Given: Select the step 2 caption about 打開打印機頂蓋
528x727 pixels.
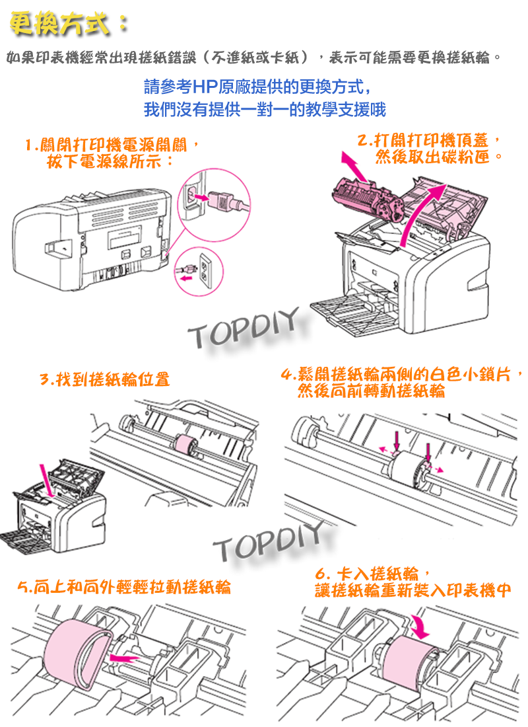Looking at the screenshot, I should pyautogui.click(x=432, y=141).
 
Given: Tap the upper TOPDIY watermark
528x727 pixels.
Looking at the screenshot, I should pyautogui.click(x=244, y=328).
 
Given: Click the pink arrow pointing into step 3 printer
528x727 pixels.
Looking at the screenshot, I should pyautogui.click(x=48, y=481).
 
